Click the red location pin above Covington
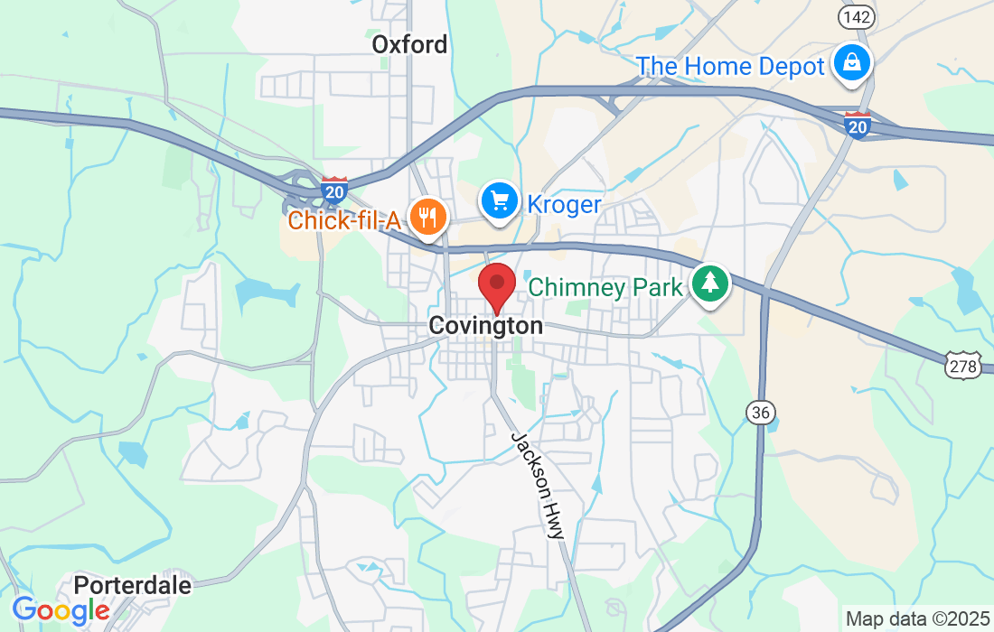[x=496, y=286]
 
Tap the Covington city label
[x=486, y=326]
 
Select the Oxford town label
[x=409, y=44]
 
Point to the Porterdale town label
[x=133, y=585]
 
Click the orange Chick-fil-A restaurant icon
[x=425, y=217]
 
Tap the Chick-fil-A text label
[x=343, y=219]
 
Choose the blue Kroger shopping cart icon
[x=498, y=200]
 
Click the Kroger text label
[x=564, y=205]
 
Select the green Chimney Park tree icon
[x=710, y=283]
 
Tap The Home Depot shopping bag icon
[x=851, y=63]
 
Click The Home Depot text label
[x=730, y=66]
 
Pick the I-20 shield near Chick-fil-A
[x=334, y=189]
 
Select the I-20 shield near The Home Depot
[x=858, y=125]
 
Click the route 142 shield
[x=855, y=17]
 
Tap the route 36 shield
[x=761, y=412]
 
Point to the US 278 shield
[x=963, y=366]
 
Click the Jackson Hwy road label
[x=539, y=485]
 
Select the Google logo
[x=61, y=611]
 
